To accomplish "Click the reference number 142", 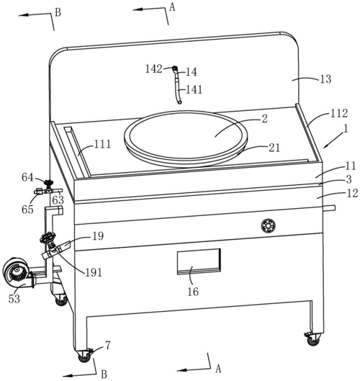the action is coord(153,69).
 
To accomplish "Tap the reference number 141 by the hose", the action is coord(194,89).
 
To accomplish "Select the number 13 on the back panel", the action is coord(325,79).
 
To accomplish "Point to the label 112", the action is coord(338,113).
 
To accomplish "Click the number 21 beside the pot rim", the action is coord(274,148).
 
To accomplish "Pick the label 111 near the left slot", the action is coord(102,144).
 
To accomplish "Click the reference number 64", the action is coord(27,177).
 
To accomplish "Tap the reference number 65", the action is coord(27,210).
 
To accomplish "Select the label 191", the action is coord(94,273).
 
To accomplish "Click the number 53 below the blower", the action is coord(14,299).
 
